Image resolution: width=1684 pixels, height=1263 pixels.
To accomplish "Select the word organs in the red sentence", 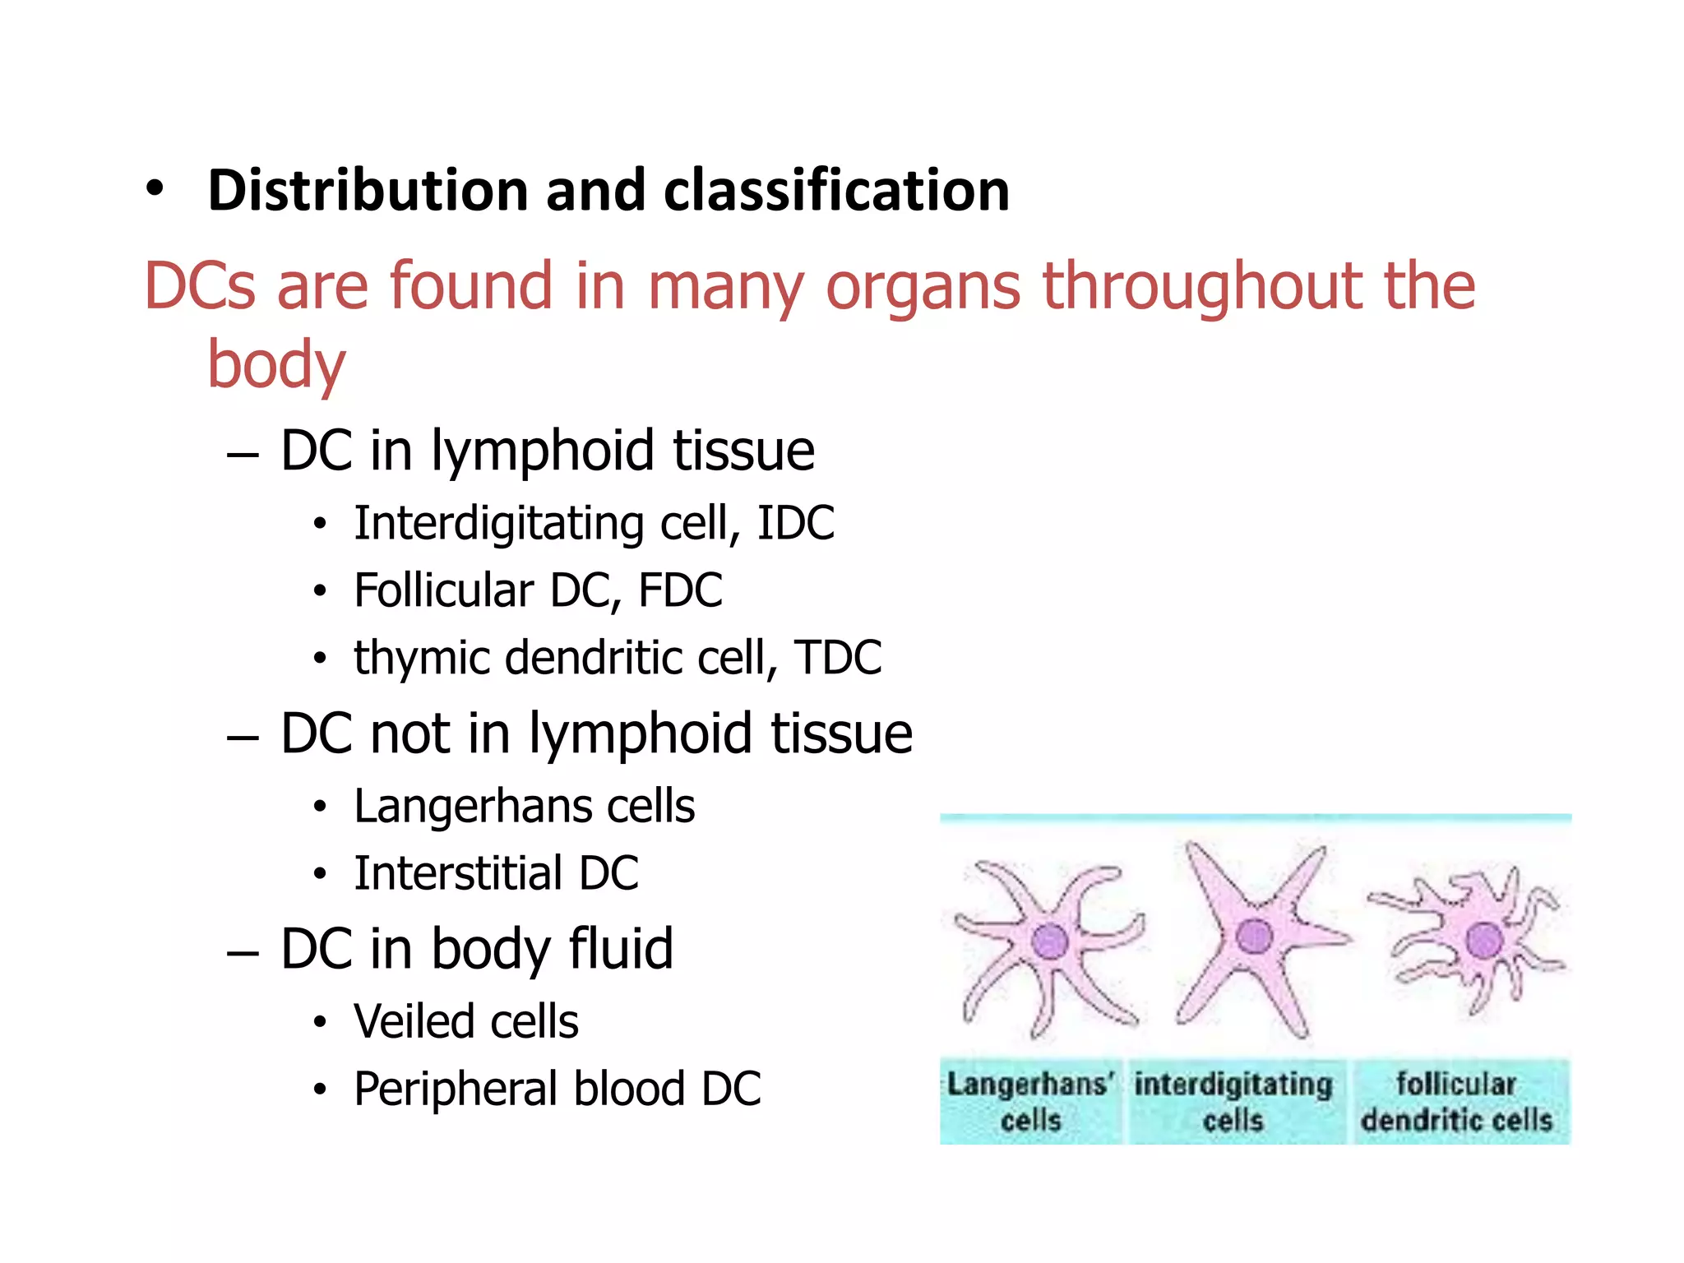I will [x=923, y=287].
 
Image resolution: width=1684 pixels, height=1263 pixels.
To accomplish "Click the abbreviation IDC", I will [x=795, y=523].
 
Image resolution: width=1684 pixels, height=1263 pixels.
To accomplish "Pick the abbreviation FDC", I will [x=680, y=590].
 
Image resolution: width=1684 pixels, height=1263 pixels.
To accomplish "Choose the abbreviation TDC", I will [x=838, y=658].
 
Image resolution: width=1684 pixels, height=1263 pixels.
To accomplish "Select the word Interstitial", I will [x=458, y=873].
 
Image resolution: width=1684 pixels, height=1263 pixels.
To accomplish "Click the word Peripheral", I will [x=456, y=1090].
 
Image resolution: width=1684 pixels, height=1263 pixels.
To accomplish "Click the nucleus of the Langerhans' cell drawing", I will [x=1050, y=941].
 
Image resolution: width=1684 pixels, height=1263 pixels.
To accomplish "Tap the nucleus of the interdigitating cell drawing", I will [x=1254, y=936].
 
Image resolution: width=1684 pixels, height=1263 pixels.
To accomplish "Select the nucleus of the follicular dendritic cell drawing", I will [x=1483, y=940].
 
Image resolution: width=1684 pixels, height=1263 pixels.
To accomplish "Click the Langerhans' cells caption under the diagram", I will [x=1030, y=1102].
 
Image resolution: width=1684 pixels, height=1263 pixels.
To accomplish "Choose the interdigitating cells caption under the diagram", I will [x=1233, y=1102].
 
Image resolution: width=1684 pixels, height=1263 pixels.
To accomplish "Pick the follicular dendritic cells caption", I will [x=1456, y=1102].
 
